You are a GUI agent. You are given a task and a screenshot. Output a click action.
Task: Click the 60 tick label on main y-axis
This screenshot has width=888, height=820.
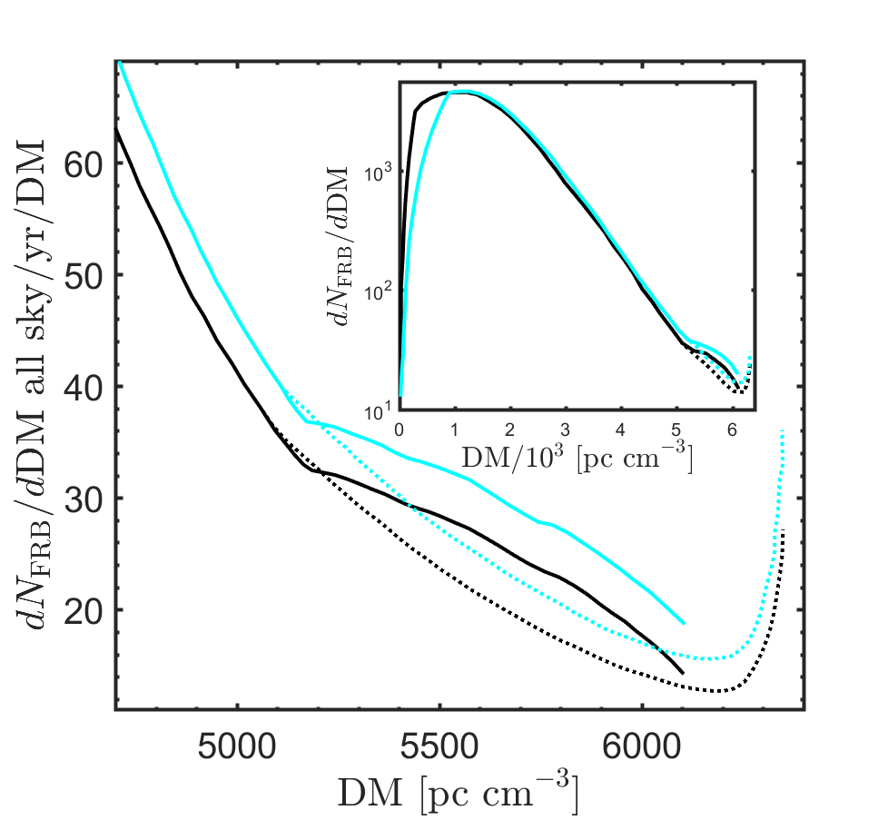(84, 163)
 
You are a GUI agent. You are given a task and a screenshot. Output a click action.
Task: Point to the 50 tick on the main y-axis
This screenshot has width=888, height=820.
(84, 275)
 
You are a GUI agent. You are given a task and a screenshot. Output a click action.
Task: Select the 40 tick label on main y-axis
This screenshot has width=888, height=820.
(84, 387)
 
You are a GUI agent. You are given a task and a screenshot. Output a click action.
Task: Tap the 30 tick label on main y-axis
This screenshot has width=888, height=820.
(84, 499)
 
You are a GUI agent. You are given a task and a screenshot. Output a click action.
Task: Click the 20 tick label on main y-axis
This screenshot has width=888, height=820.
(84, 609)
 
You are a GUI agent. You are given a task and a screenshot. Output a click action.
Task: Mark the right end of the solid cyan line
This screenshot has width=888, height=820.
(683, 624)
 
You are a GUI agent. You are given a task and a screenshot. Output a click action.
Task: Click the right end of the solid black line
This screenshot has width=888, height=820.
(682, 673)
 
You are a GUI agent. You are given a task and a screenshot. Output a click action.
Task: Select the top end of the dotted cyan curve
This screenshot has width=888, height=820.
(782, 431)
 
